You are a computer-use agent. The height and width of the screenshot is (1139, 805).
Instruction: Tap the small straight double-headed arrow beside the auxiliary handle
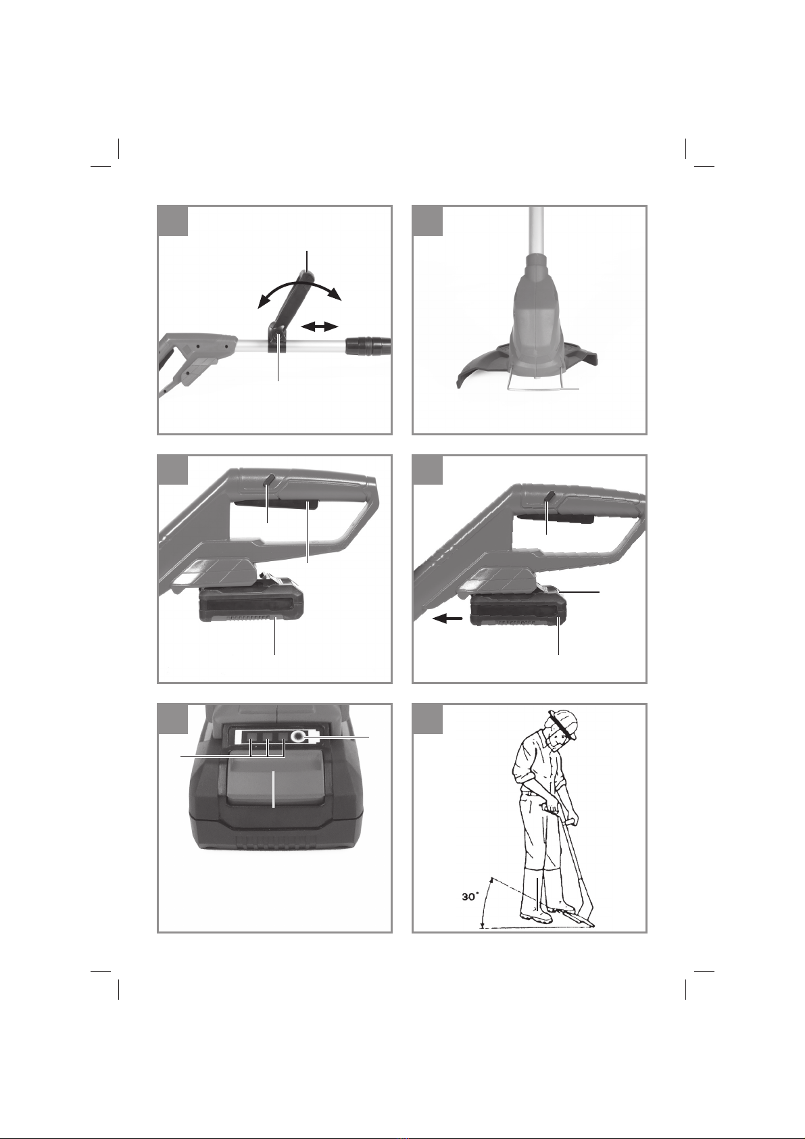click(x=319, y=327)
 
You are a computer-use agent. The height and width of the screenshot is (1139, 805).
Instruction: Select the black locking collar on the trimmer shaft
click(x=368, y=345)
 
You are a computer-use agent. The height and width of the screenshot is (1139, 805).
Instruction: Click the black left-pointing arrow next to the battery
click(x=447, y=619)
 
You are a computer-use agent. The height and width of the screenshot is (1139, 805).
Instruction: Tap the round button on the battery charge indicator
click(x=297, y=736)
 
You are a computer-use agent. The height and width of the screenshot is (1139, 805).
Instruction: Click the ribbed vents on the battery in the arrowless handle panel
click(x=251, y=619)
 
